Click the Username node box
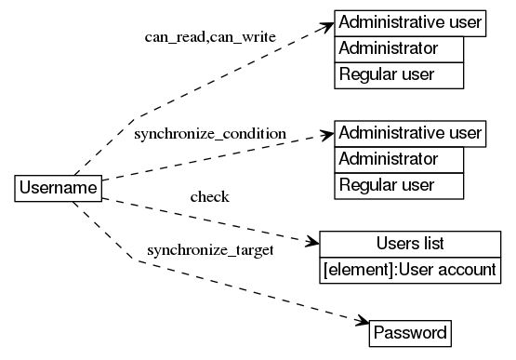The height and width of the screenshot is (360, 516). [x=58, y=189]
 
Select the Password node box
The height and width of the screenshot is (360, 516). [x=410, y=332]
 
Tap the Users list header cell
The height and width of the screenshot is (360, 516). [x=410, y=244]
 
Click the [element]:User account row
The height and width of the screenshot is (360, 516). [x=410, y=270]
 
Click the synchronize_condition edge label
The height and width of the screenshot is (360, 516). [x=209, y=134]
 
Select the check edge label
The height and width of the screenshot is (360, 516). [x=209, y=196]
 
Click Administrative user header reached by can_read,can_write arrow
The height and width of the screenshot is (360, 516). [x=410, y=22]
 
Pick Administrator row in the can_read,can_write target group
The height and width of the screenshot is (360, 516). [x=399, y=48]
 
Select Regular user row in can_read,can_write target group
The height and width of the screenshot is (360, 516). [x=399, y=74]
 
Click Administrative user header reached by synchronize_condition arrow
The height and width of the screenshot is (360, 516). [x=410, y=133]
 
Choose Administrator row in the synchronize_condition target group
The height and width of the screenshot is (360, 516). [x=399, y=159]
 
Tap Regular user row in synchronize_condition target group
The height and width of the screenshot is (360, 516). [x=399, y=185]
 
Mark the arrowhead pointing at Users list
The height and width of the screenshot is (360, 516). [x=311, y=242]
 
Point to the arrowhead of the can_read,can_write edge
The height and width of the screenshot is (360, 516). [x=327, y=23]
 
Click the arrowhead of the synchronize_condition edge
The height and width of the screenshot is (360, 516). [x=327, y=134]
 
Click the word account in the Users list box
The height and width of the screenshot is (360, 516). [x=471, y=270]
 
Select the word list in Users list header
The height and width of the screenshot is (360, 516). [x=431, y=244]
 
